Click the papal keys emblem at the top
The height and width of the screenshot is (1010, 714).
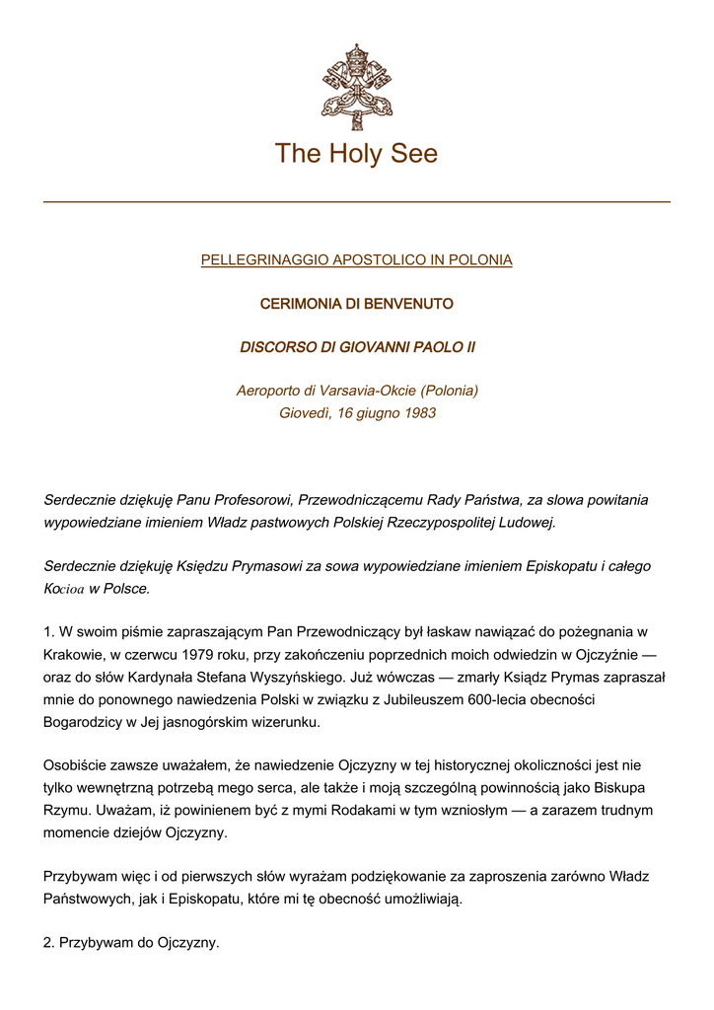coord(356,87)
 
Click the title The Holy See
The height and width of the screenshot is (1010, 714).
coord(356,154)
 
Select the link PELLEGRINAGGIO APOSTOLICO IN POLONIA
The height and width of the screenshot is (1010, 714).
coord(356,260)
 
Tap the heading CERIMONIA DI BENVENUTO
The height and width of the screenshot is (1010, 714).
coord(356,304)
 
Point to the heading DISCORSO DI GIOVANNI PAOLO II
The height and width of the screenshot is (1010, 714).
coord(356,347)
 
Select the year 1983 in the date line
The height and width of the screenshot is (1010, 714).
coord(419,413)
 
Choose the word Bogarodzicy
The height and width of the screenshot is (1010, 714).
coord(86,722)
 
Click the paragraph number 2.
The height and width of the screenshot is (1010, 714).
coord(49,943)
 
